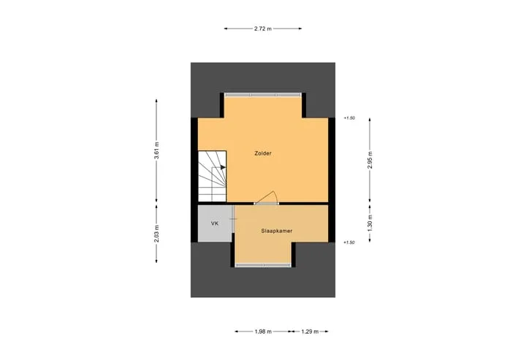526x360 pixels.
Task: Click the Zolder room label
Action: (263, 153)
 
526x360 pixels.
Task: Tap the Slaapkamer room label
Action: (276, 231)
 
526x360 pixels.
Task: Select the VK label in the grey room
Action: (215, 223)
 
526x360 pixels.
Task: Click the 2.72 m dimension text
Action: (263, 28)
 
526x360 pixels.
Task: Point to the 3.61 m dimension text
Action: (156, 151)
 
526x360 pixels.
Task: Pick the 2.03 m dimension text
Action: (156, 234)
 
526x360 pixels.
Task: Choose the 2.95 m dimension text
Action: (370, 160)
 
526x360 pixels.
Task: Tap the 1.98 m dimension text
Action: (263, 332)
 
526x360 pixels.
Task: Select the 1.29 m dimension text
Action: (310, 332)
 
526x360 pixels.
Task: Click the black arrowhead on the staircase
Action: (223, 167)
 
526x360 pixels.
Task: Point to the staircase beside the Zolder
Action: (212, 177)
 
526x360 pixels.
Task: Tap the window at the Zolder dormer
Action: (263, 95)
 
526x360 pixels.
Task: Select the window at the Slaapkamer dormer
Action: (263, 265)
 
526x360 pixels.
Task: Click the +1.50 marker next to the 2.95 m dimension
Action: (349, 118)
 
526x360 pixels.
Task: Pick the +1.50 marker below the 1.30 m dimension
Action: (349, 242)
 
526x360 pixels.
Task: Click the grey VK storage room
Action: (215, 223)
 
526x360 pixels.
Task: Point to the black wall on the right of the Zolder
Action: (332, 180)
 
